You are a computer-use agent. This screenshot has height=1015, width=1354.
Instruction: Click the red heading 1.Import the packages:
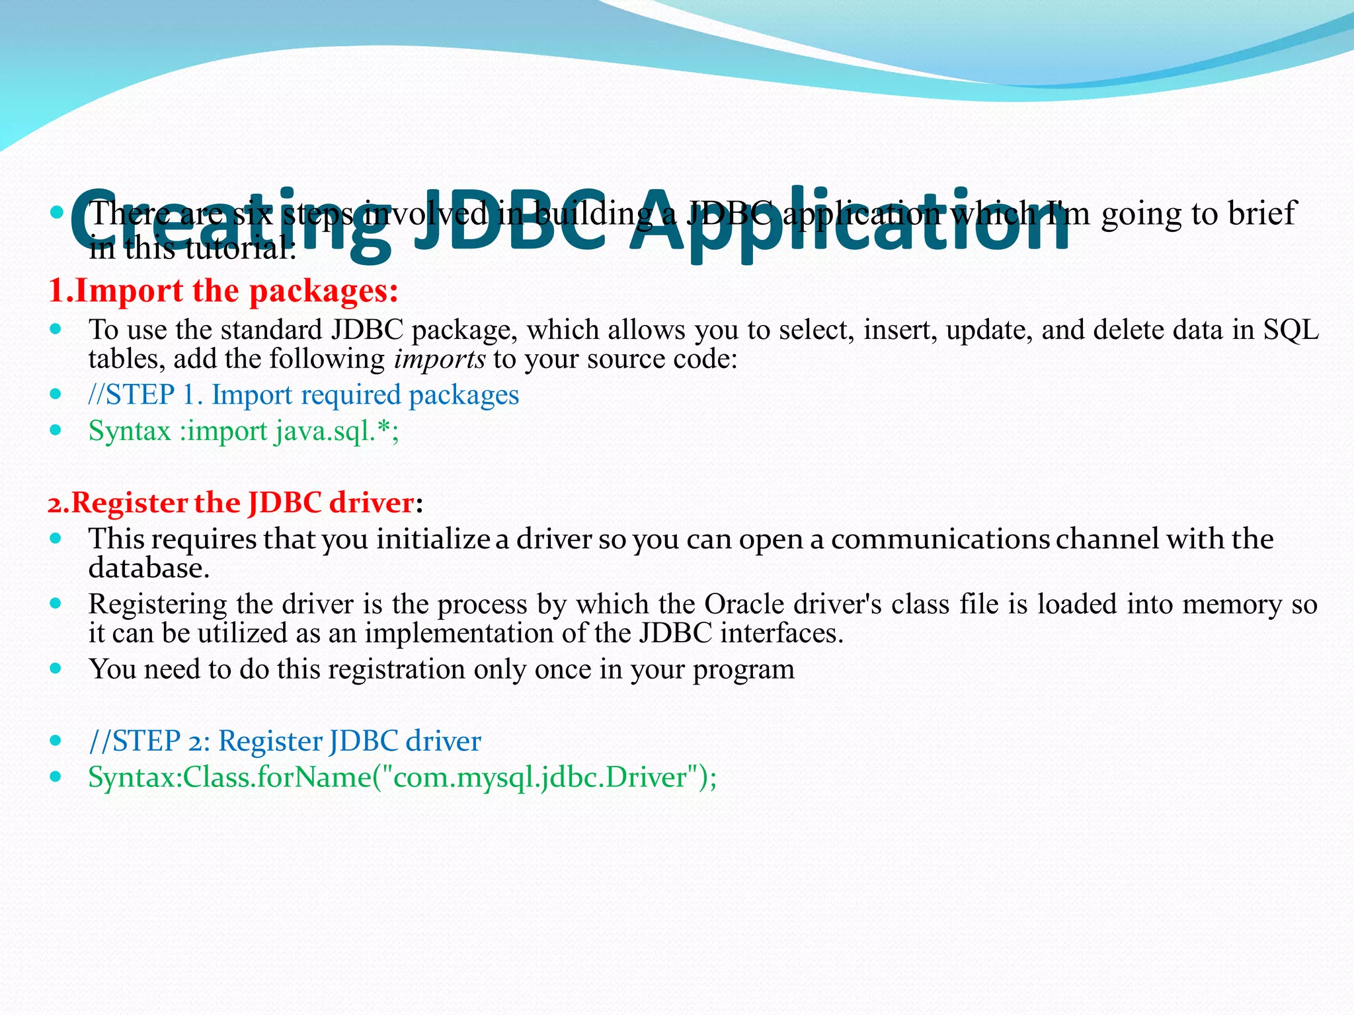[223, 291]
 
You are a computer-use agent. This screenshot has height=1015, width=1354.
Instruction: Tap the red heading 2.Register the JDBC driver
[231, 504]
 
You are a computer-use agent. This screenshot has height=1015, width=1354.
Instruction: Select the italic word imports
[439, 359]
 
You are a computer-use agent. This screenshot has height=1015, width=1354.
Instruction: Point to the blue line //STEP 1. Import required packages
[303, 395]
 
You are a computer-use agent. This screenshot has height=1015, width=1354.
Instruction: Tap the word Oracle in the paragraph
[744, 605]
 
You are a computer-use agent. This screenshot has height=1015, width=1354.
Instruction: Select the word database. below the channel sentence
[149, 568]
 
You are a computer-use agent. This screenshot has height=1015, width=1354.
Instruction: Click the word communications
[939, 539]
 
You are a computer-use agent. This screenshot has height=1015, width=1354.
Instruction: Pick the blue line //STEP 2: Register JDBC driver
[285, 741]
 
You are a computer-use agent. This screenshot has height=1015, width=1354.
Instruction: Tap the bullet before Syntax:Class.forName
[56, 776]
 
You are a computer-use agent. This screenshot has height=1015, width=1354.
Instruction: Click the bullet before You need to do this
[56, 668]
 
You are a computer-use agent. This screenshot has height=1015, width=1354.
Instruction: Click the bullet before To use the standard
[56, 328]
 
